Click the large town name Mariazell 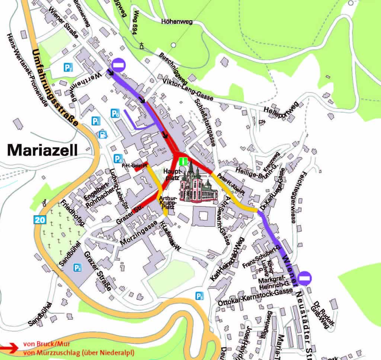[x=42, y=150]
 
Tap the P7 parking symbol [x=68, y=67]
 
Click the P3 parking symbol [x=199, y=296]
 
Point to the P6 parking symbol [x=115, y=113]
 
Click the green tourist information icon [x=183, y=162]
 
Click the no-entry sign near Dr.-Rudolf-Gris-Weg [x=305, y=277]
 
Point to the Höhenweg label [x=177, y=22]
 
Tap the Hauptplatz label [x=172, y=174]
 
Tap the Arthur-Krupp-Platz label [x=167, y=203]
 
